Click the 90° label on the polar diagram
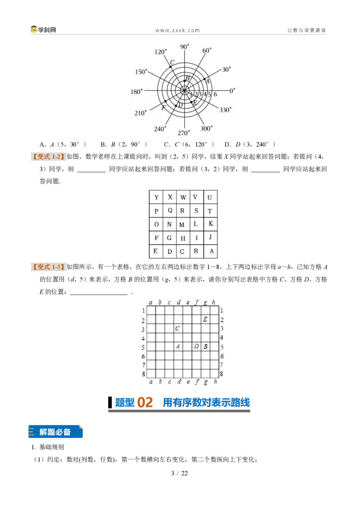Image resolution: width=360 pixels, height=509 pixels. tap(184, 47)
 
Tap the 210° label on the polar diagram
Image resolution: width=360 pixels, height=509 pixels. tap(141, 113)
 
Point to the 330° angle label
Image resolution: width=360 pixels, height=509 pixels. tap(225, 110)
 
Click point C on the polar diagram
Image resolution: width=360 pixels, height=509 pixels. tap(170, 67)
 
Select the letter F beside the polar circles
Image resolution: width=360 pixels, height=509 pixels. tap(163, 108)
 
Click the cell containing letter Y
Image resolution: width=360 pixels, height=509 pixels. tap(156, 197)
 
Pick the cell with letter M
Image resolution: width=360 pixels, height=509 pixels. tap(183, 224)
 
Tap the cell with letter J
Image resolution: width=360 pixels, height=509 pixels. tap(211, 237)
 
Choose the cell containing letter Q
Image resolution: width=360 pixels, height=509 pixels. tap(170, 211)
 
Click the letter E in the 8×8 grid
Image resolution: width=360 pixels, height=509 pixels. tap(205, 319)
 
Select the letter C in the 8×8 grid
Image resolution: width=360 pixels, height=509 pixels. tap(177, 329)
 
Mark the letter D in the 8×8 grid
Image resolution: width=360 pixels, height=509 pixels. tap(196, 346)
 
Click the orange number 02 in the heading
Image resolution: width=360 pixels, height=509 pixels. tap(145, 402)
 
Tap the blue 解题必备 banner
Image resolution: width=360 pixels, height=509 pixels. tap(55, 432)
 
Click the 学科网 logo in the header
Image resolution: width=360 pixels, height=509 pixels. tap(44, 30)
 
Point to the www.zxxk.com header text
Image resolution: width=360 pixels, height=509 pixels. tap(177, 30)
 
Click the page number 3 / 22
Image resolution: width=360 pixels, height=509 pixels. tap(180, 473)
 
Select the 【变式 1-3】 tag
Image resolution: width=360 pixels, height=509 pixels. tap(49, 267)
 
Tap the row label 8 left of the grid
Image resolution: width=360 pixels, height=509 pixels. tap(143, 374)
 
